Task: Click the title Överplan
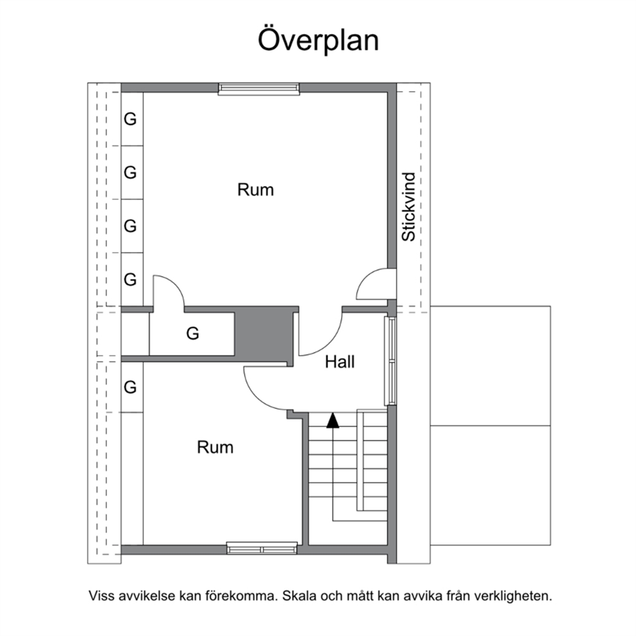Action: [x=319, y=40]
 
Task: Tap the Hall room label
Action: [x=340, y=362]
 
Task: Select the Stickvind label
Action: [x=409, y=207]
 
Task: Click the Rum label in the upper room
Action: [x=256, y=190]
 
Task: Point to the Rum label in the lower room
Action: [x=215, y=448]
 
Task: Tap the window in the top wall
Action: [x=259, y=89]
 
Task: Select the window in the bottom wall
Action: [x=262, y=548]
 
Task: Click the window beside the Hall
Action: [x=390, y=360]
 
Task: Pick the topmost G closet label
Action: [x=130, y=119]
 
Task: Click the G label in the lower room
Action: [x=130, y=387]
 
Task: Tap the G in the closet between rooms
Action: [x=193, y=334]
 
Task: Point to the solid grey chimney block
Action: [x=264, y=335]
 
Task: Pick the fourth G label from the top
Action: [x=130, y=280]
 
